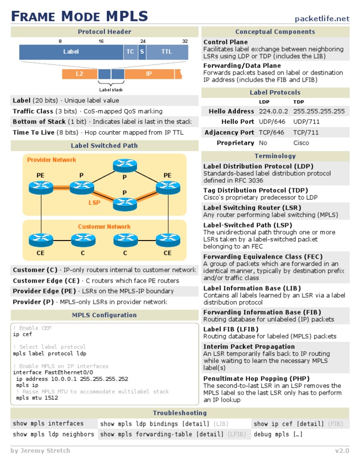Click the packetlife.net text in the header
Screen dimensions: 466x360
(322, 19)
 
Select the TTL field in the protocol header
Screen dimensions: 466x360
(166, 52)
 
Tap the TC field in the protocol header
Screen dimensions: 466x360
(130, 52)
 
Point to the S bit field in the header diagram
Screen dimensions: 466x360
(142, 52)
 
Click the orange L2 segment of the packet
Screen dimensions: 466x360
(79, 74)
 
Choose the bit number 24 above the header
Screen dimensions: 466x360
(143, 41)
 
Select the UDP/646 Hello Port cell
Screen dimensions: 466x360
(271, 122)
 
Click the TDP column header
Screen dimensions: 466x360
(299, 102)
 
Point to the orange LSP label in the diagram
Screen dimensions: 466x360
(94, 203)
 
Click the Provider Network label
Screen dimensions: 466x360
(52, 160)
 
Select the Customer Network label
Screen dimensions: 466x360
(104, 227)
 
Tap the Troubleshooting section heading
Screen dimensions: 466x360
(180, 413)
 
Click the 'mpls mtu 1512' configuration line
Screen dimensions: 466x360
(37, 398)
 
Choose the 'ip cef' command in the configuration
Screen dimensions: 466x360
(22, 335)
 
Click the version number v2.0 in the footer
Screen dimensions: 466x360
(342, 451)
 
